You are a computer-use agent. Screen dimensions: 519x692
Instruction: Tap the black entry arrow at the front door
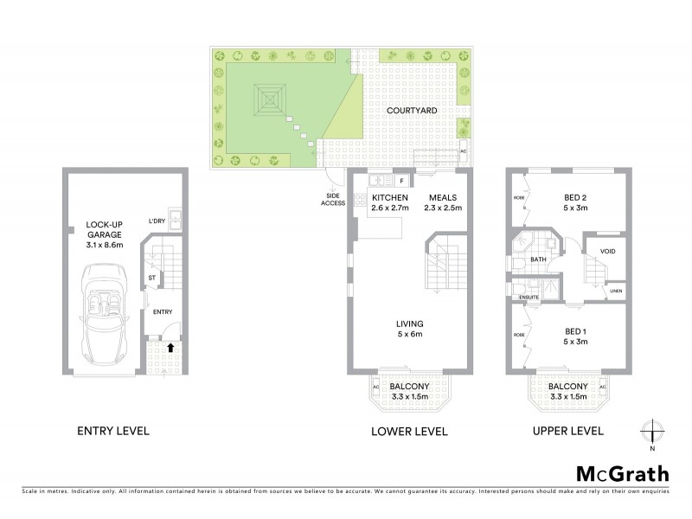(170, 348)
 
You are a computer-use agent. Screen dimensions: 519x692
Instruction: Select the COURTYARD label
(408, 111)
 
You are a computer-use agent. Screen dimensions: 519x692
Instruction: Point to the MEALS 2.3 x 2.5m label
(444, 203)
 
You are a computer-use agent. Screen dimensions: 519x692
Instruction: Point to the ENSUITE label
(529, 297)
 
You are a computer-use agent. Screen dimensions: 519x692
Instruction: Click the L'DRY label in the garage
(156, 219)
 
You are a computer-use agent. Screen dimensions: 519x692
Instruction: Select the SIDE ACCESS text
(333, 198)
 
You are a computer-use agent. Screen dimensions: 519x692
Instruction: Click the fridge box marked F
(401, 181)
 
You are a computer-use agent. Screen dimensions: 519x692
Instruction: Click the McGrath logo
(622, 473)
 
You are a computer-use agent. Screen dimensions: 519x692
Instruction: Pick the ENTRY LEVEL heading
(113, 430)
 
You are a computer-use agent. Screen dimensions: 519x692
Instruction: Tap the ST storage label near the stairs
(151, 278)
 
